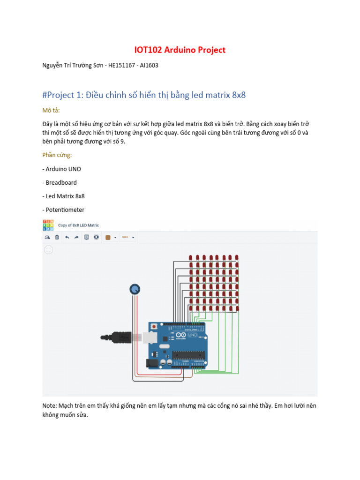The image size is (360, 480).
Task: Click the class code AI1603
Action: [x=149, y=66]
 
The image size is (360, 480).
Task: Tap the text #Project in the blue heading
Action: [x=58, y=95]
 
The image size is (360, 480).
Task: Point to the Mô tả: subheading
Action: [x=51, y=110]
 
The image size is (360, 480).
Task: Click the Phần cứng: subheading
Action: [x=57, y=155]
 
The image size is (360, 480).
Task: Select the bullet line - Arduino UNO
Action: [x=61, y=169]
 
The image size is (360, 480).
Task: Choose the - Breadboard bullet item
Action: [x=60, y=182]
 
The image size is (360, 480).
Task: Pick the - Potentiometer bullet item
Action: [x=63, y=210]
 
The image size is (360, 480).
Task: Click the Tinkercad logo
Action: [x=48, y=225]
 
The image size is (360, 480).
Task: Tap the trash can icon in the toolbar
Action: [x=57, y=238]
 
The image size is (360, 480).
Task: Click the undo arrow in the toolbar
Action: [x=67, y=238]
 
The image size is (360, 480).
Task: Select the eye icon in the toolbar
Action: [x=96, y=238]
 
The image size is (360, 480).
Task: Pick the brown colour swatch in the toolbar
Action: [x=108, y=238]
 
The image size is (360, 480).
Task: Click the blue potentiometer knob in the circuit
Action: [x=135, y=290]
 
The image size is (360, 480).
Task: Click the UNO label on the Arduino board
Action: [x=193, y=336]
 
